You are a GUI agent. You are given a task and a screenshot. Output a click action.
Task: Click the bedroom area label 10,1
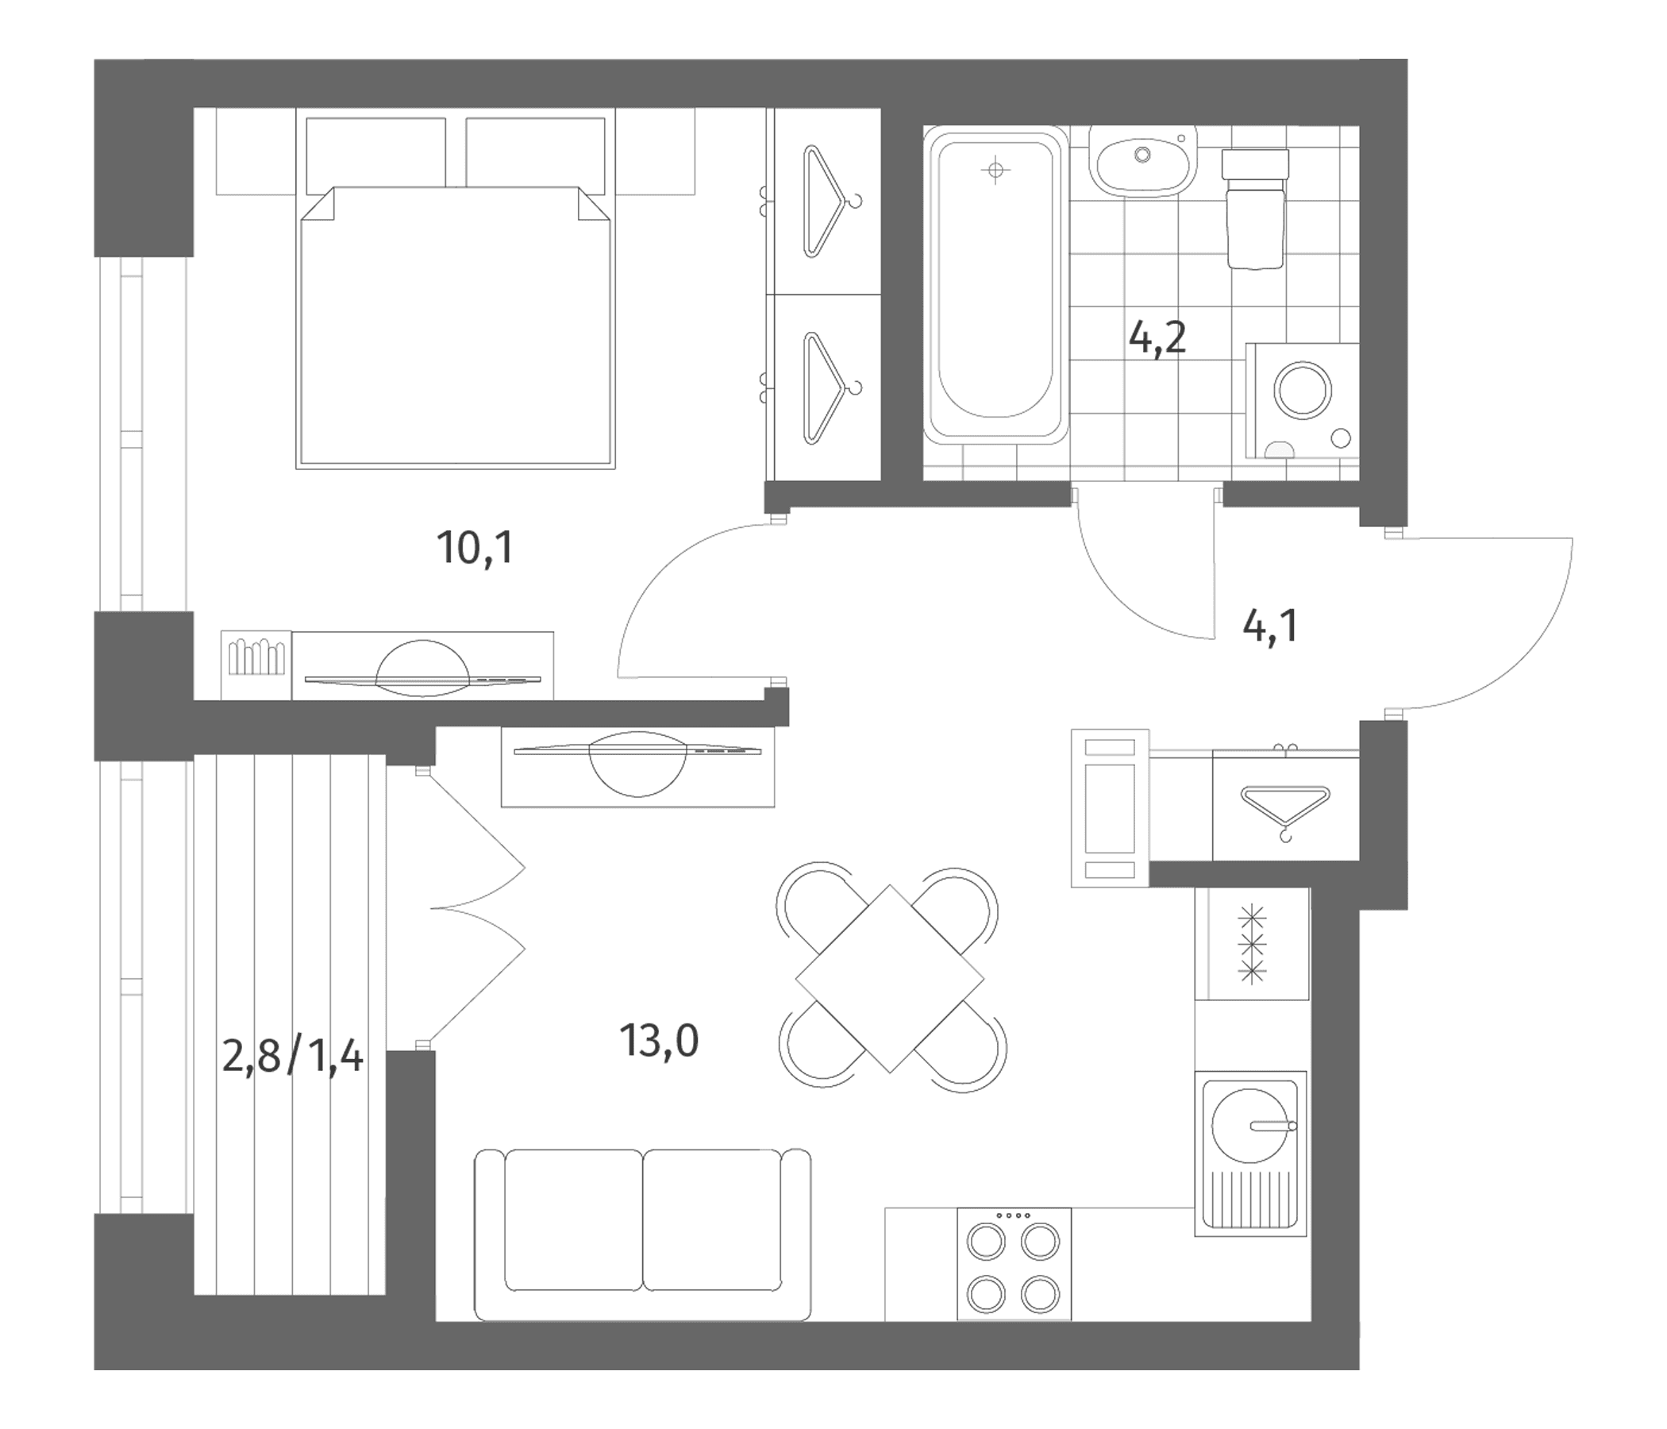[x=475, y=549]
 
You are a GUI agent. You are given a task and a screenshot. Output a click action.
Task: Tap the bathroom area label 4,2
[x=1157, y=338]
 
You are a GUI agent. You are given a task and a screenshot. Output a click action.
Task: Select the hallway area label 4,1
[x=1270, y=626]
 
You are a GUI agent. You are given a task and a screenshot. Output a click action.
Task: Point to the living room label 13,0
[x=659, y=1040]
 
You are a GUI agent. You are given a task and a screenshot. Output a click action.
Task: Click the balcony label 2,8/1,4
[x=293, y=1057]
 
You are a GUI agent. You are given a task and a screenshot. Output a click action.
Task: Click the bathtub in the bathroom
[x=996, y=285]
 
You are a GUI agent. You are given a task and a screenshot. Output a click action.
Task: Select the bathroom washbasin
[x=1143, y=161]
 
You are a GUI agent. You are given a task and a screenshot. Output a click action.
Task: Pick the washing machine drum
[x=1303, y=391]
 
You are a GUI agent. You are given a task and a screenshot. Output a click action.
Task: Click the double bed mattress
[x=456, y=325]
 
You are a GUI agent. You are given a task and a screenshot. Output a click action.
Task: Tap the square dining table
[x=890, y=978]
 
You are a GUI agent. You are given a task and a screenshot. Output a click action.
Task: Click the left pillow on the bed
[x=375, y=153]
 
